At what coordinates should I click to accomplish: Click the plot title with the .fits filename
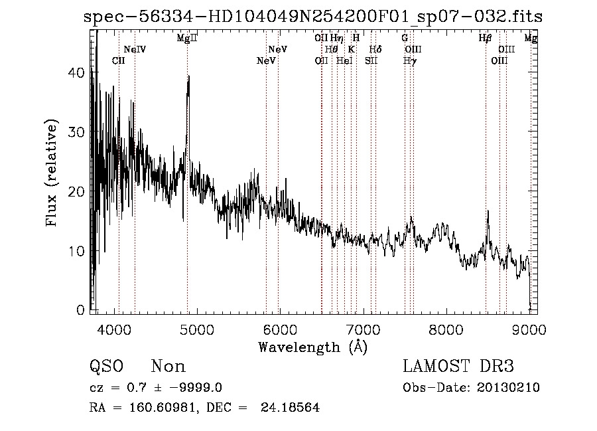click(312, 17)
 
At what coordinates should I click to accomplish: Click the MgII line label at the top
click(187, 39)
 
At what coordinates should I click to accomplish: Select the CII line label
click(119, 61)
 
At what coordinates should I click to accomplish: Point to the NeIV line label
click(135, 50)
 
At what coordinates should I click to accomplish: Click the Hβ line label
click(486, 39)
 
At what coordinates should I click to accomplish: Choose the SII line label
click(371, 61)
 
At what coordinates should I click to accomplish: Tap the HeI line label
click(344, 61)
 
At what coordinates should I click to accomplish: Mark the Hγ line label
click(411, 61)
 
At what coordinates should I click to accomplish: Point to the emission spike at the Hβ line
click(488, 212)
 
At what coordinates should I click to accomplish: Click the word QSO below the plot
click(105, 366)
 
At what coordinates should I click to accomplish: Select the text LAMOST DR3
click(458, 366)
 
